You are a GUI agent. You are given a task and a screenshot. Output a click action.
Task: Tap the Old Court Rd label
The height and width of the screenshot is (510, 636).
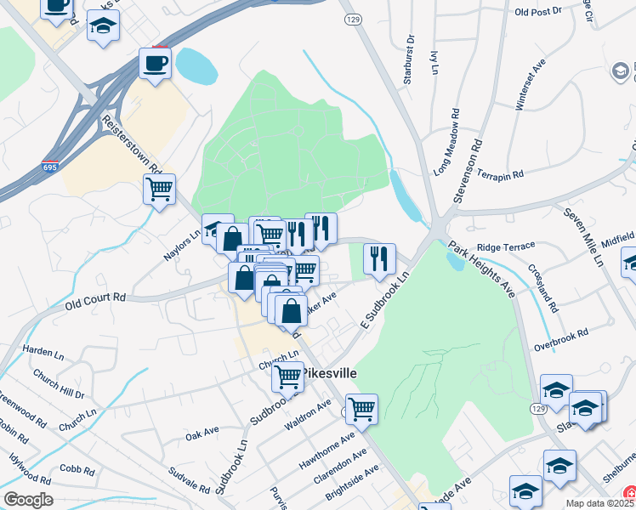(94, 297)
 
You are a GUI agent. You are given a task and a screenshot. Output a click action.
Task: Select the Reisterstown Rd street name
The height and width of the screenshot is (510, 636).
(132, 144)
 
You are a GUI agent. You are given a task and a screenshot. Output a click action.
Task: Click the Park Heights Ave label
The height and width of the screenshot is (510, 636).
(481, 271)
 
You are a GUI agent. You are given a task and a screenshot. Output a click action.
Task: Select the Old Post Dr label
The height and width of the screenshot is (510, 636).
(539, 12)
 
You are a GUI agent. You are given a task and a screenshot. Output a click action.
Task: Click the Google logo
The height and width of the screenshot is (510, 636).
(28, 500)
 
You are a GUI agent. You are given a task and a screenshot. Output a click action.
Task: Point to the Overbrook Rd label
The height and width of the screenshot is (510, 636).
(561, 340)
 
